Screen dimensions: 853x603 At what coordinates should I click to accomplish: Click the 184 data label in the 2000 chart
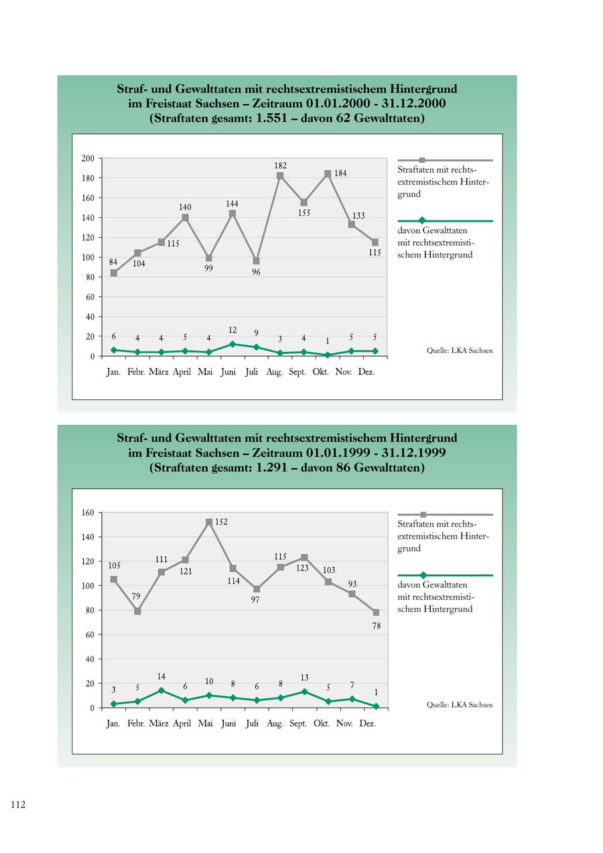click(340, 174)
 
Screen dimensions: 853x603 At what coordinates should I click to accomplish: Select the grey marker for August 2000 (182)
click(280, 176)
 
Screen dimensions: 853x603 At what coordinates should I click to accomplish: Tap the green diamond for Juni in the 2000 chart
click(232, 344)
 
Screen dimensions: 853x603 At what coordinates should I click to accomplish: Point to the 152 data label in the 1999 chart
click(221, 522)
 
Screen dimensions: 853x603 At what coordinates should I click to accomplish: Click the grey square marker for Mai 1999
click(209, 522)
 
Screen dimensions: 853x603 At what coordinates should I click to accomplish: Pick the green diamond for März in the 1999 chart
click(161, 690)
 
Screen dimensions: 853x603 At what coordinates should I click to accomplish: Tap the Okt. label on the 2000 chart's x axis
click(321, 372)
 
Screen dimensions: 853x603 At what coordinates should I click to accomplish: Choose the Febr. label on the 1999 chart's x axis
click(136, 724)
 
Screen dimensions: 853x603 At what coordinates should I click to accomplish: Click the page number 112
click(17, 805)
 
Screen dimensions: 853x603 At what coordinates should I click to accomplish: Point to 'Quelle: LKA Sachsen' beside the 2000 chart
click(460, 350)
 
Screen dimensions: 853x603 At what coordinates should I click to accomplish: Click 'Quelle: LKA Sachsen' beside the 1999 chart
click(460, 705)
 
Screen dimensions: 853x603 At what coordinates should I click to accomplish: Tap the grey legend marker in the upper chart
click(422, 160)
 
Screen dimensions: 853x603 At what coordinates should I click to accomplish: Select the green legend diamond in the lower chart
click(422, 575)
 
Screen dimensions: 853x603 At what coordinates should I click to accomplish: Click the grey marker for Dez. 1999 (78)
click(376, 612)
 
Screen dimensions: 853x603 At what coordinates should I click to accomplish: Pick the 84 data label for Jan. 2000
click(113, 261)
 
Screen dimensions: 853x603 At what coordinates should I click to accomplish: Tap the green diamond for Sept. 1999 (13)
click(304, 692)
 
